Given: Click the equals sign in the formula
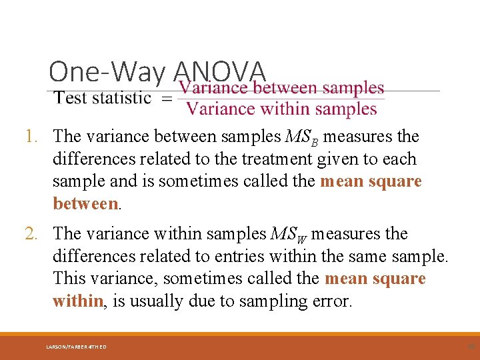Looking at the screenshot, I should tap(167, 98).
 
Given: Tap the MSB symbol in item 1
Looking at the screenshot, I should tap(301, 137).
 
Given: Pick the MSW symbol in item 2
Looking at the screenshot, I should tap(289, 235).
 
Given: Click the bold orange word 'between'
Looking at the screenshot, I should tap(85, 203).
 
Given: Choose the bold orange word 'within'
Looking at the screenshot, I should tap(77, 301).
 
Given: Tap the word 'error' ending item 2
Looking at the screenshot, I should tap(330, 301).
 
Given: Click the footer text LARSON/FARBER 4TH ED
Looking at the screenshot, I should tap(76, 347).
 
